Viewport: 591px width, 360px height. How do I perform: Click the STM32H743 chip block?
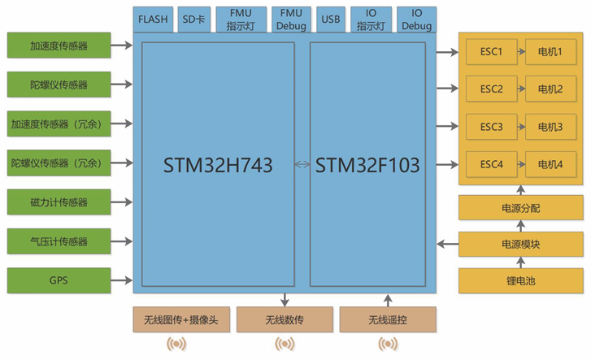tap(217, 165)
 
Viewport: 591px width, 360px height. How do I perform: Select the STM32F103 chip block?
tap(367, 165)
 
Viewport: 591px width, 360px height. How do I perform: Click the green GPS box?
tap(59, 280)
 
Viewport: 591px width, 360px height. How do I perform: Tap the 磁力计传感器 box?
tap(59, 202)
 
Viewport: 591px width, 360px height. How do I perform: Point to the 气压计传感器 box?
tap(59, 241)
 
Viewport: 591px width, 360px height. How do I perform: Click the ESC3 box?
tap(492, 127)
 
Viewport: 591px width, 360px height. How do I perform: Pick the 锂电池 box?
tap(520, 281)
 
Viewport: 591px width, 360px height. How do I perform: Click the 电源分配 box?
tap(520, 208)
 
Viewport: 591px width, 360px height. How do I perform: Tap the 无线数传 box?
tap(285, 320)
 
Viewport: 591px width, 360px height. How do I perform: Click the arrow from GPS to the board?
tap(122, 280)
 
